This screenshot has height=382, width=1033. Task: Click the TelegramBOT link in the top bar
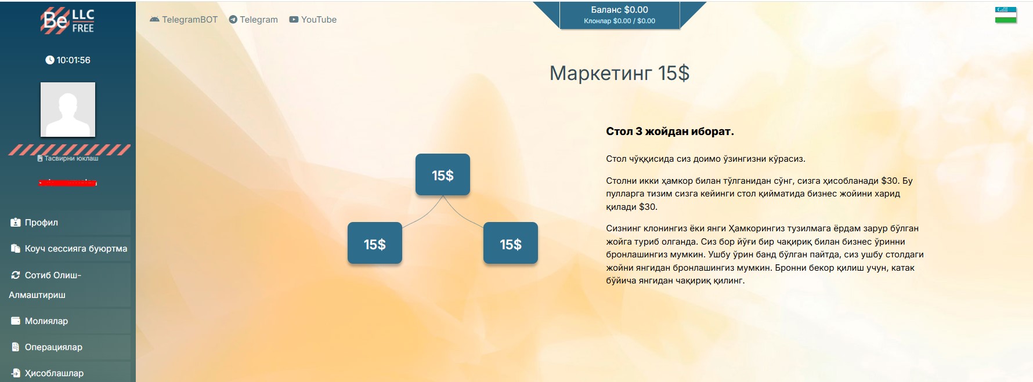tap(183, 20)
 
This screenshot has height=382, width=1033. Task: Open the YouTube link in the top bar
tap(313, 20)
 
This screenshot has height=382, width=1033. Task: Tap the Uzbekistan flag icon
tap(1006, 15)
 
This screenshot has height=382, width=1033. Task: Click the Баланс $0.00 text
tap(619, 10)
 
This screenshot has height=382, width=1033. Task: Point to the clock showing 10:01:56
tap(68, 60)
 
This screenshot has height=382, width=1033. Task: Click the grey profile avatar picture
tap(68, 110)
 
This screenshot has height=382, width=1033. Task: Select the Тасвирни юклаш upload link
tap(68, 158)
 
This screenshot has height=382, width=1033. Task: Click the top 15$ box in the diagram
tap(443, 174)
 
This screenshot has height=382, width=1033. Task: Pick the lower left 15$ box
tap(375, 243)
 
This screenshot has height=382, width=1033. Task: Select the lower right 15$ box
tap(511, 243)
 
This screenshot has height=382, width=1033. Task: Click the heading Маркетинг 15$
tap(619, 73)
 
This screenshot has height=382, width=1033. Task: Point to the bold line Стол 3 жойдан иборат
tap(670, 132)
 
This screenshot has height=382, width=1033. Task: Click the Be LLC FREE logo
tap(67, 21)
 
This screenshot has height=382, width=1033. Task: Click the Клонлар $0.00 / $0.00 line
tap(619, 21)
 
